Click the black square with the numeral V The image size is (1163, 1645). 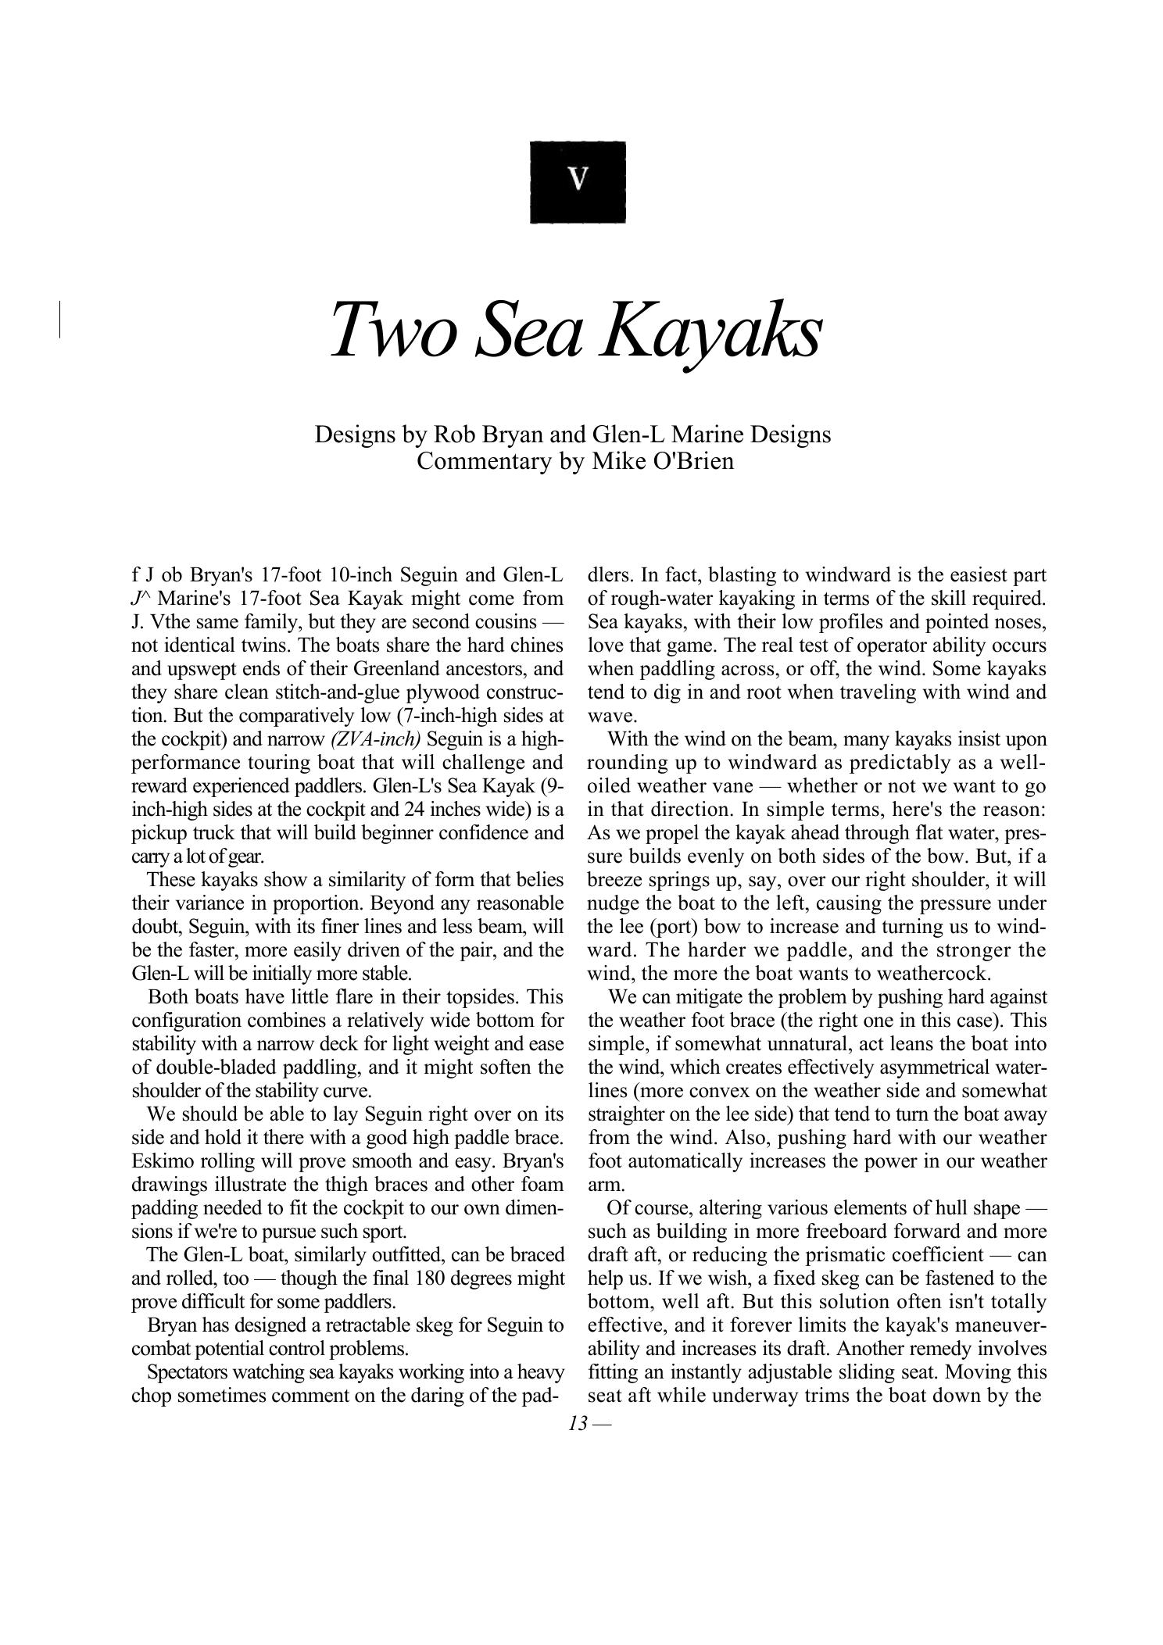pyautogui.click(x=578, y=182)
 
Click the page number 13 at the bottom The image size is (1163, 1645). pyautogui.click(x=578, y=1423)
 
